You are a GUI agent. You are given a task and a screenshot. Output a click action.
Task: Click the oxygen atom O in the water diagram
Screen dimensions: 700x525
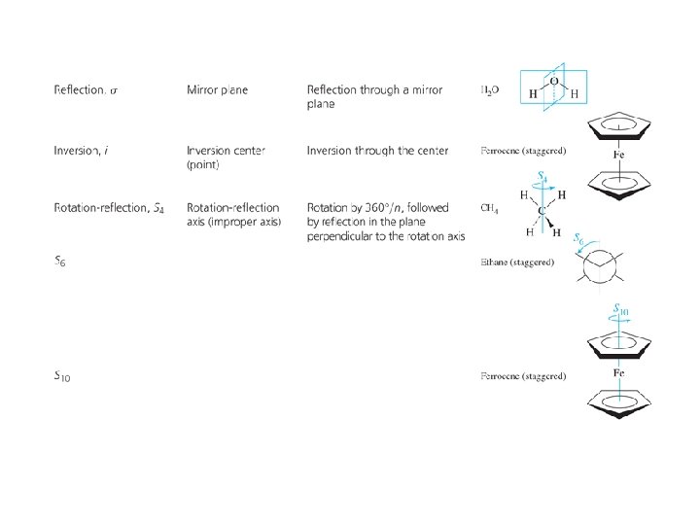554,82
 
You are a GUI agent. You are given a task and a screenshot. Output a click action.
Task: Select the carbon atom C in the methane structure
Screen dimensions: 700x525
541,209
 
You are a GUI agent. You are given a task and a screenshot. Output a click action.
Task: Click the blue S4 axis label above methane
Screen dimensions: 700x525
543,177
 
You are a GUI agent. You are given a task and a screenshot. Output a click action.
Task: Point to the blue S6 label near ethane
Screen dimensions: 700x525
578,238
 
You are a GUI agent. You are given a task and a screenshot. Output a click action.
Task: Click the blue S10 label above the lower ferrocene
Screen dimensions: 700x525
622,310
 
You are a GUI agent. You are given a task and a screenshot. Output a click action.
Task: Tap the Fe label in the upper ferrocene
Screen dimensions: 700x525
620,154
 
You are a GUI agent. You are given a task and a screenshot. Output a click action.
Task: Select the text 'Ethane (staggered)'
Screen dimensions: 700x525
517,262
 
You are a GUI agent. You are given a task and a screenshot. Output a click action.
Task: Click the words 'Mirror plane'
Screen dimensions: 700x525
217,90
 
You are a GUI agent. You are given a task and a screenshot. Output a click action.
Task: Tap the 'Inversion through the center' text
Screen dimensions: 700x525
377,151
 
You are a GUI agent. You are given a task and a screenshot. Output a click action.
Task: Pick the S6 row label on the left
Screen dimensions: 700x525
61,262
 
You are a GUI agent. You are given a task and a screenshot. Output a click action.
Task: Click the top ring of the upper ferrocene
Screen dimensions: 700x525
620,126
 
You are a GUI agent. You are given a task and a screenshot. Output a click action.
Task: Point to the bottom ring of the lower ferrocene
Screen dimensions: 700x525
620,402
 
